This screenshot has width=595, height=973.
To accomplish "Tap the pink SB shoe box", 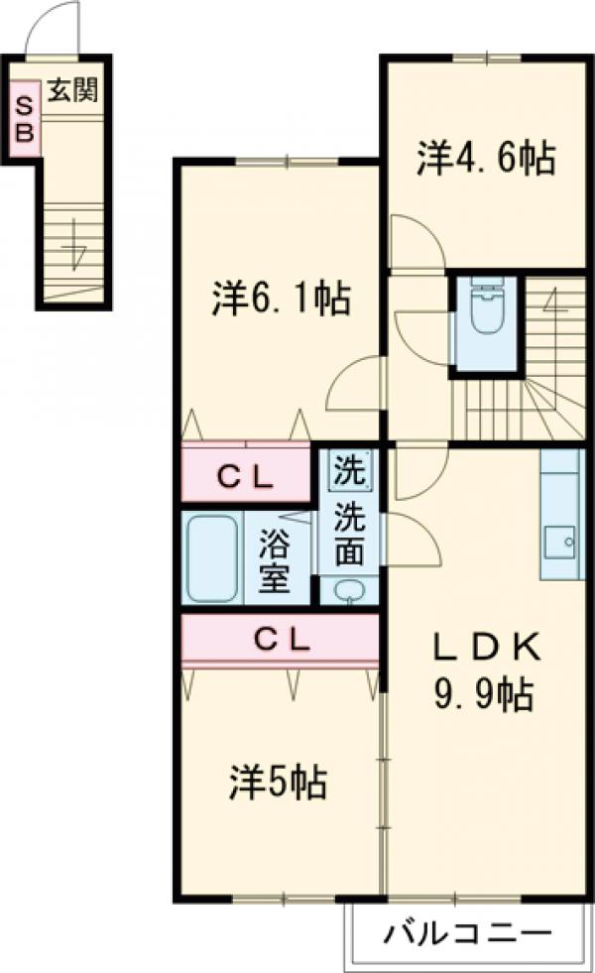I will pos(25,117).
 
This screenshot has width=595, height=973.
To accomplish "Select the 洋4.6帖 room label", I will pos(484,158).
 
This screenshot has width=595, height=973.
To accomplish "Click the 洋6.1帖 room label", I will pos(281,297).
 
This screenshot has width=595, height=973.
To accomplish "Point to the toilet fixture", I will pos(485,307).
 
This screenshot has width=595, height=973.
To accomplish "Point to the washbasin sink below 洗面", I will pos(348,590).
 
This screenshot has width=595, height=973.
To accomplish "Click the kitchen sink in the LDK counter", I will pos(562,542).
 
